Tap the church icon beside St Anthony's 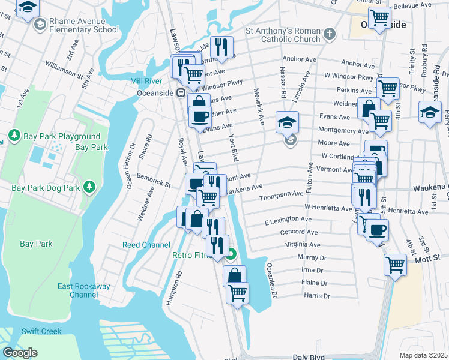point(329,34)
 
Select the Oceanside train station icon point(179,93)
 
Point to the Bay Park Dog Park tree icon point(89,187)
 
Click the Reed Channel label point(146,245)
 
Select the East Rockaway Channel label point(83,290)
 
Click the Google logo point(20,353)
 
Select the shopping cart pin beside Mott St point(396,263)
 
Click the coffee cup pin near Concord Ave point(377,230)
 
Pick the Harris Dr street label point(318,296)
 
